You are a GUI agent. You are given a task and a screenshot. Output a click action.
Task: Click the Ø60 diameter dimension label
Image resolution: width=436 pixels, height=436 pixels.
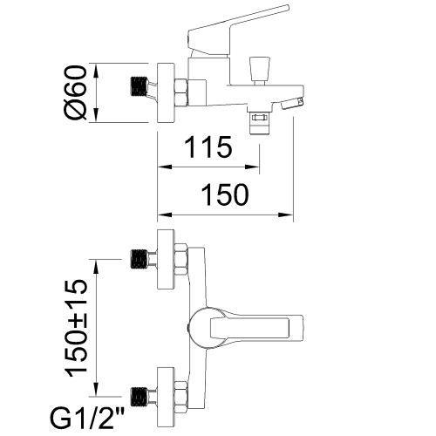coord(76,92)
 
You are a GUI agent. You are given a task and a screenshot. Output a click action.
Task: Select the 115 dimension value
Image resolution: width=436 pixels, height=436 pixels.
coord(208,147)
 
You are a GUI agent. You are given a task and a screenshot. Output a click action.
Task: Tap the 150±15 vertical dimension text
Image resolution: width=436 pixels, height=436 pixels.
coord(76,328)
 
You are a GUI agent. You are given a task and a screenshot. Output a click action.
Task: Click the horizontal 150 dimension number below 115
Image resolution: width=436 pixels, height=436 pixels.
coord(225,194)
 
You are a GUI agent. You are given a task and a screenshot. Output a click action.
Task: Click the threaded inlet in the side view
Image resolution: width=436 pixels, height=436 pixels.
coord(139,86)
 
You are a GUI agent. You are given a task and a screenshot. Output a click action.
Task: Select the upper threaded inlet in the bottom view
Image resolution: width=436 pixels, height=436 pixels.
coord(139,259)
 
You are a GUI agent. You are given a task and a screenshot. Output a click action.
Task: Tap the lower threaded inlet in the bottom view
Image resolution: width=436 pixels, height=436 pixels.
coord(139,397)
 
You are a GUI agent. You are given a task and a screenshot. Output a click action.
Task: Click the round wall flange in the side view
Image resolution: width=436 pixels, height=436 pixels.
coord(166,92)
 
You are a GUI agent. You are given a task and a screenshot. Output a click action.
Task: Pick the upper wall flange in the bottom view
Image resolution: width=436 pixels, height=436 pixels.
coord(166,259)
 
